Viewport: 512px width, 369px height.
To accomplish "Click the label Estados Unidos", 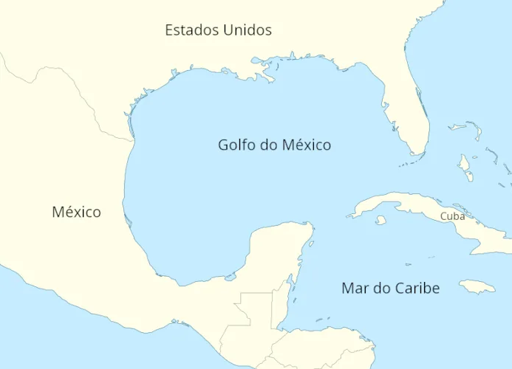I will pyautogui.click(x=218, y=30).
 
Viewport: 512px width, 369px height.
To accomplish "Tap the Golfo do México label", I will pyautogui.click(x=274, y=145).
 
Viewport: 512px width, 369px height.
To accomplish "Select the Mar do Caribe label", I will pyautogui.click(x=390, y=288).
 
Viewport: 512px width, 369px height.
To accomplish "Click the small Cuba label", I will pyautogui.click(x=452, y=216).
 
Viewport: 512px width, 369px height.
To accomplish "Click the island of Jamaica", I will pyautogui.click(x=477, y=286).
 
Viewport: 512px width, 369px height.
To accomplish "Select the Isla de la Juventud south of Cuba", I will pyautogui.click(x=381, y=220).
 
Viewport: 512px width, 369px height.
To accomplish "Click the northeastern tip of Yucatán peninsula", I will pyautogui.click(x=310, y=226).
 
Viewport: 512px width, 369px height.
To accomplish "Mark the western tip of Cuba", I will pyautogui.click(x=349, y=215).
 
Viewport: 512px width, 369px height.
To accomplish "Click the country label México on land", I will pyautogui.click(x=76, y=212).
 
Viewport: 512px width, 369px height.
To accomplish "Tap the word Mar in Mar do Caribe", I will pyautogui.click(x=354, y=288).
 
